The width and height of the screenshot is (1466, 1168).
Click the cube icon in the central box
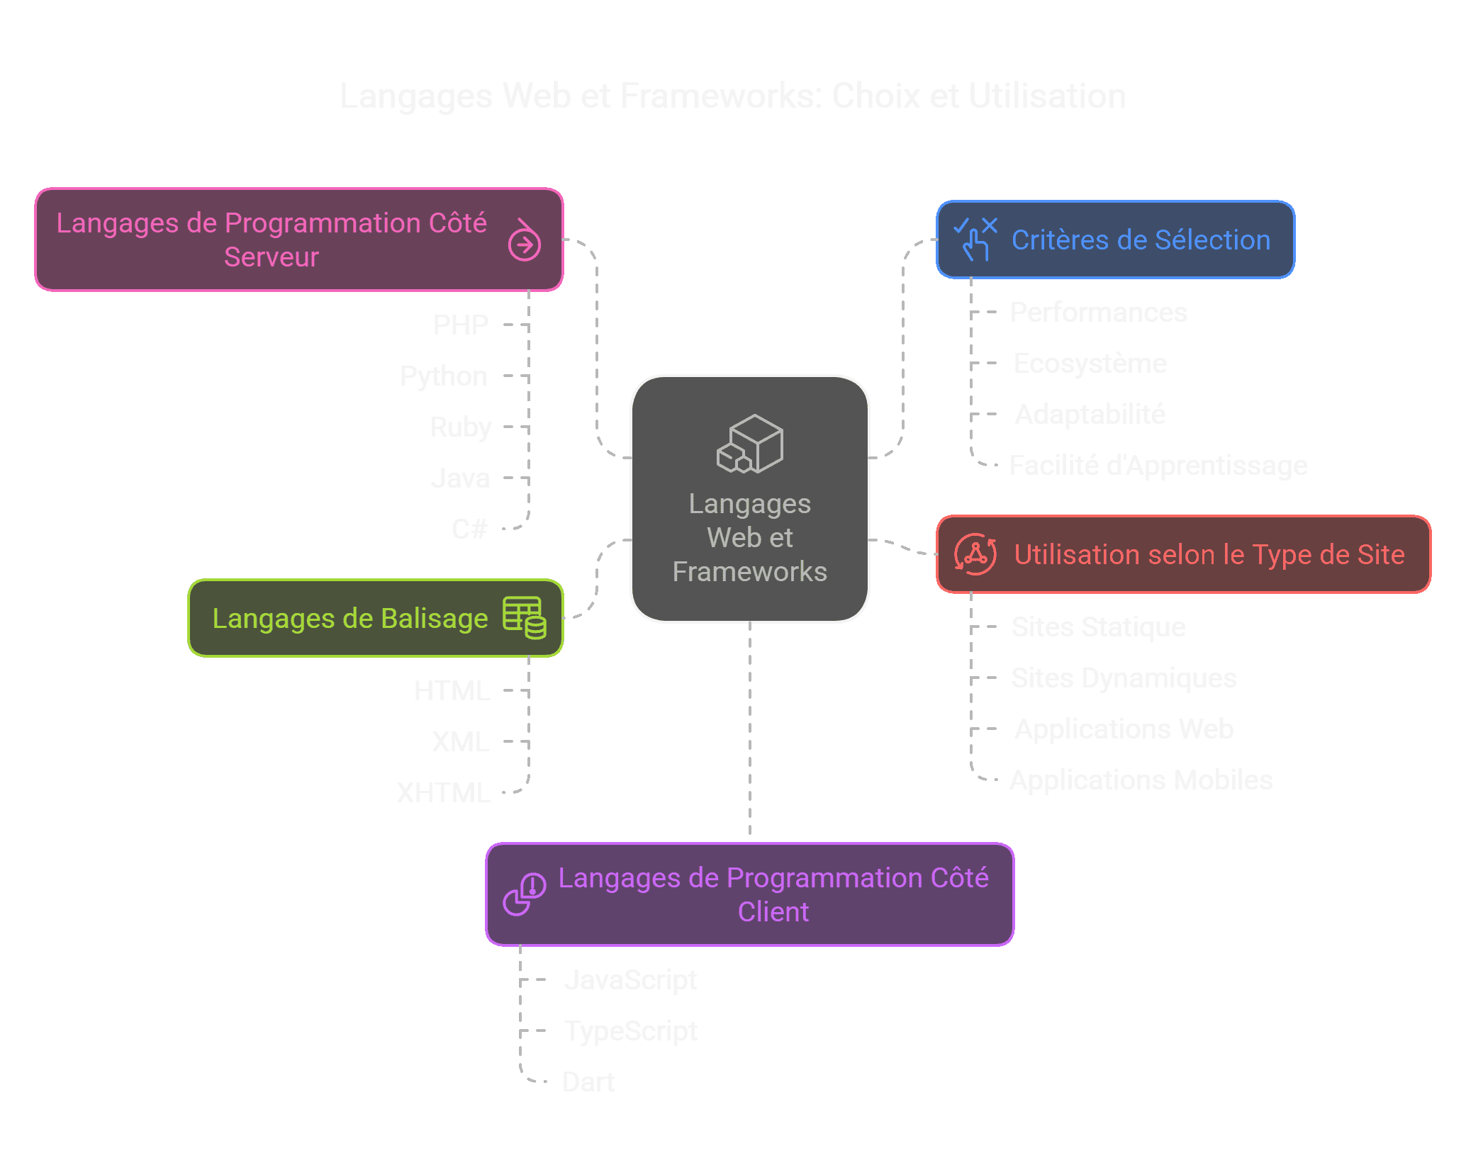750,444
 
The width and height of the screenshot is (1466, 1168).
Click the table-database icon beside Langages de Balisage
524,617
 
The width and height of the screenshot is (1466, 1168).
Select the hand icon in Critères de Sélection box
975,240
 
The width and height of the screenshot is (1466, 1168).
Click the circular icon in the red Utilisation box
975,554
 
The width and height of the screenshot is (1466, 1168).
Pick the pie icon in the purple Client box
524,894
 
